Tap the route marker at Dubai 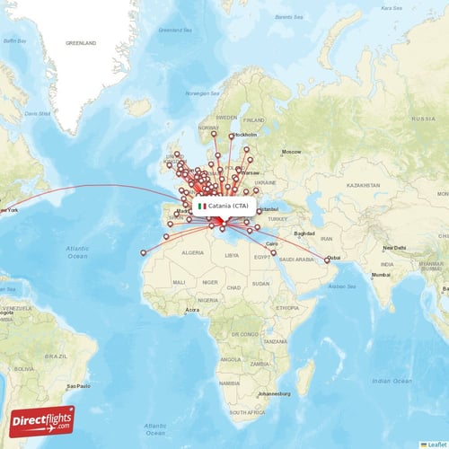click(327, 260)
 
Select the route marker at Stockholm click(232, 136)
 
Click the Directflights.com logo click(43, 420)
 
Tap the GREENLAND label click(80, 42)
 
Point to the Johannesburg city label click(273, 393)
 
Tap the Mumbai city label click(381, 275)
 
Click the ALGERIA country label click(193, 254)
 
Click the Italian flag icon click(202, 206)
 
